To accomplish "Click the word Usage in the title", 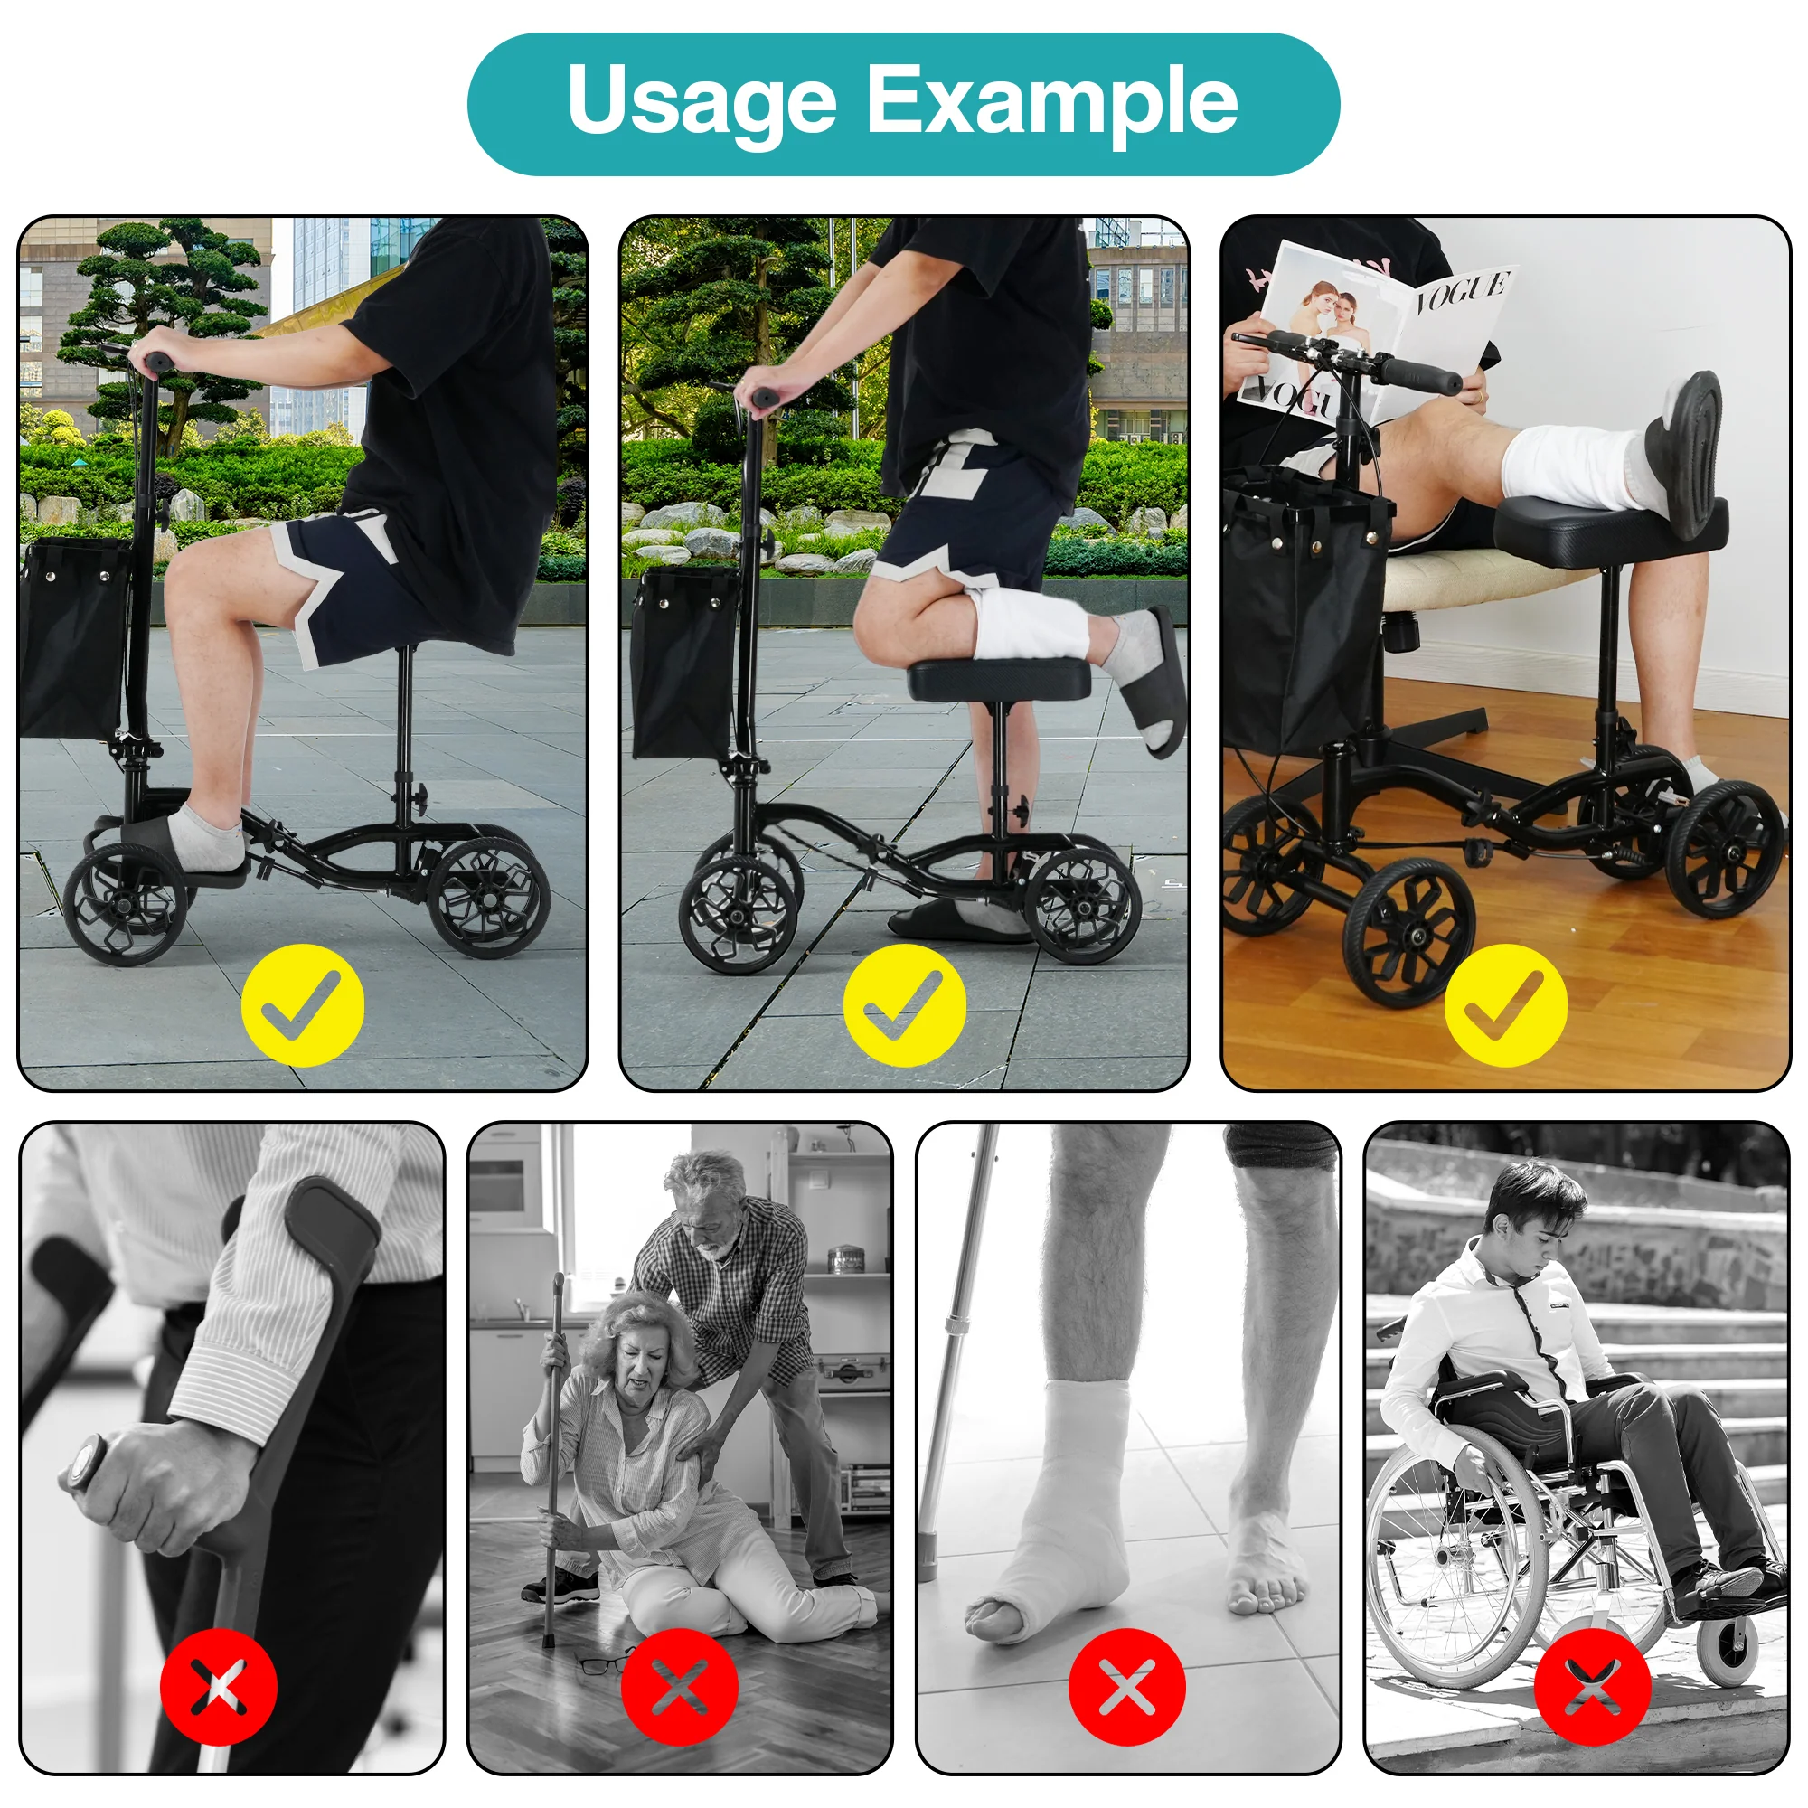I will click(701, 100).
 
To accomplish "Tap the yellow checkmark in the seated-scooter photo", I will click(302, 1005).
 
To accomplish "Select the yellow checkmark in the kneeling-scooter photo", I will click(904, 1005).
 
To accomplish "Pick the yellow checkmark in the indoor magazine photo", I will click(1505, 1005).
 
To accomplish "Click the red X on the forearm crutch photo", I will click(218, 1686).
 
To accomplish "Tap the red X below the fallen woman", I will click(680, 1686).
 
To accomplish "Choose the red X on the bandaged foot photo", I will click(1126, 1686).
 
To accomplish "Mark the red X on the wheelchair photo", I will click(1592, 1686).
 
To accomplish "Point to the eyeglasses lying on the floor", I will click(604, 1664).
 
